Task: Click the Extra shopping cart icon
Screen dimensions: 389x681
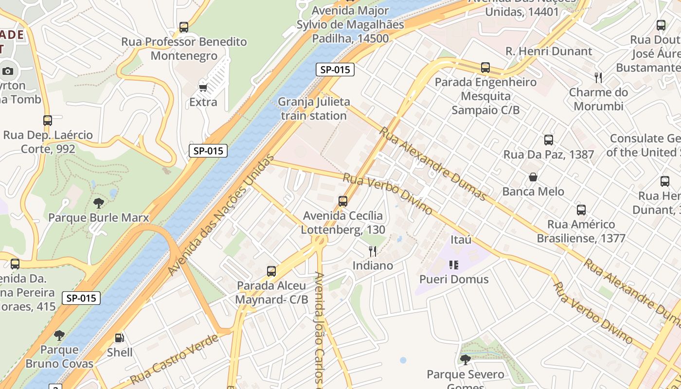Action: [x=203, y=88]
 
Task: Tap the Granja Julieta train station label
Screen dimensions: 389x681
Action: [x=314, y=109]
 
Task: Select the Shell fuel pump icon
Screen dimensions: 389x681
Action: [x=119, y=338]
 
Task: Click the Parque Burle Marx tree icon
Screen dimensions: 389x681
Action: [x=98, y=203]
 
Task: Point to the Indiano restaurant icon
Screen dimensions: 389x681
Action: [x=373, y=251]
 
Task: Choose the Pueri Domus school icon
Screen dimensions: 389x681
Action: [x=454, y=265]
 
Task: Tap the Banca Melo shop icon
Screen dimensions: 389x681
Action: [x=533, y=177]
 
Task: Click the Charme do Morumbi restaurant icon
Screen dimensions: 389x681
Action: [x=598, y=78]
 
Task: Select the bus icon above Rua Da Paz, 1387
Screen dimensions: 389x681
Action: [x=549, y=140]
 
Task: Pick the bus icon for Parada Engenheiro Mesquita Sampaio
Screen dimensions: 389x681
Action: [x=485, y=68]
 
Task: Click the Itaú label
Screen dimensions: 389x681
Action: [x=461, y=240]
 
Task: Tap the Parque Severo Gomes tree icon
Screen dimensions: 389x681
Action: [x=466, y=360]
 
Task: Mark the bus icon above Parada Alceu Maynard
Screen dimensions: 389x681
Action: [x=271, y=271]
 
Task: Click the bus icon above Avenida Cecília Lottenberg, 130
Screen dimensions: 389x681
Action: [x=343, y=201]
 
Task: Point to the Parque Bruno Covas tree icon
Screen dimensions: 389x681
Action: [x=59, y=335]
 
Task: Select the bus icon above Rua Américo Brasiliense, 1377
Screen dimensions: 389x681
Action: [x=581, y=210]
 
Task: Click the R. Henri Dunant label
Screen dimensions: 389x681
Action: [x=549, y=51]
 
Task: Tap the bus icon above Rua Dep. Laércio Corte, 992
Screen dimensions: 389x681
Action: [x=48, y=120]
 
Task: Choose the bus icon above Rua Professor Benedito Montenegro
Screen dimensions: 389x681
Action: [x=184, y=27]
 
